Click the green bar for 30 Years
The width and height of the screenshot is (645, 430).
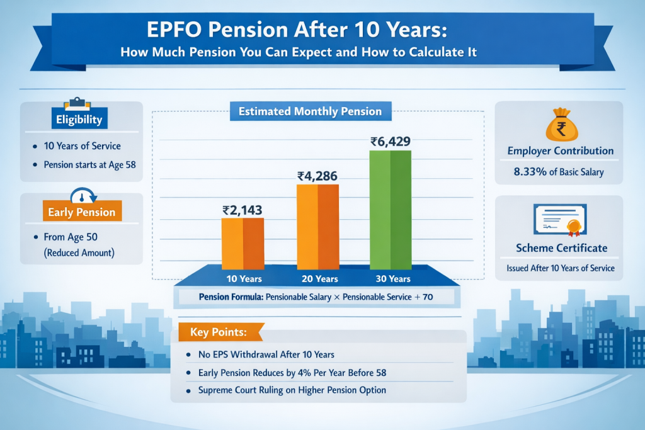[x=391, y=209]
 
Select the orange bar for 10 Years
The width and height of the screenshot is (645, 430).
[x=243, y=243]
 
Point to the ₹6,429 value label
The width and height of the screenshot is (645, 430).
[x=391, y=142]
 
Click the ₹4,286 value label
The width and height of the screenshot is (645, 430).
[x=317, y=176]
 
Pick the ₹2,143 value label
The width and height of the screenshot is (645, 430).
[x=243, y=211]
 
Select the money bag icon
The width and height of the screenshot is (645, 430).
[x=560, y=127]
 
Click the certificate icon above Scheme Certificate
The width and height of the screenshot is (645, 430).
[x=560, y=220]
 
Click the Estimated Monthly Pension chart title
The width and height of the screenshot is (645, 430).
[x=310, y=111]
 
